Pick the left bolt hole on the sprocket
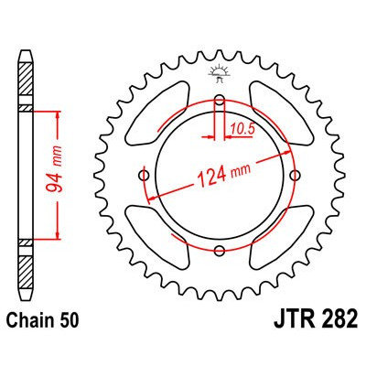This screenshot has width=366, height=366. [143, 176]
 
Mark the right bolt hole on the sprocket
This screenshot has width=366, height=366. [293, 176]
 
